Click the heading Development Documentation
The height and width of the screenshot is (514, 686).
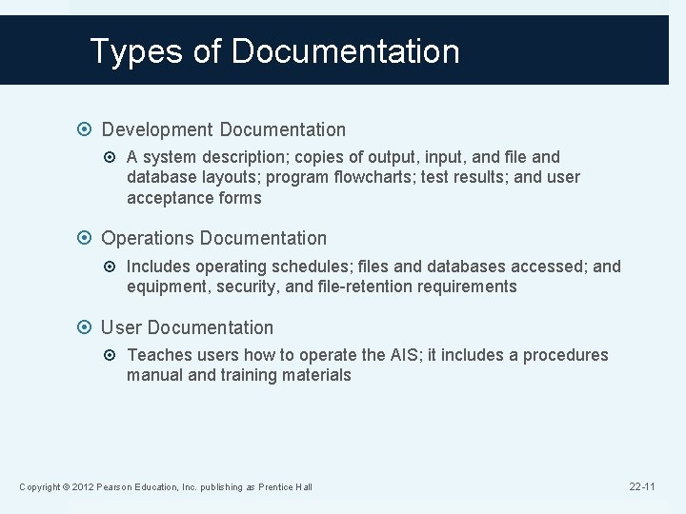pyautogui.click(x=224, y=128)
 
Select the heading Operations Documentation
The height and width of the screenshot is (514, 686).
pyautogui.click(x=213, y=238)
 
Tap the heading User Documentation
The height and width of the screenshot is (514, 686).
pyautogui.click(x=187, y=327)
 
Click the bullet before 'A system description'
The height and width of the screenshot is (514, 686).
pyautogui.click(x=114, y=157)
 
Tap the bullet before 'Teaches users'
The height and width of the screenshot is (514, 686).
pyautogui.click(x=114, y=356)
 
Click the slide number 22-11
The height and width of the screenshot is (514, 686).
pyautogui.click(x=642, y=486)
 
